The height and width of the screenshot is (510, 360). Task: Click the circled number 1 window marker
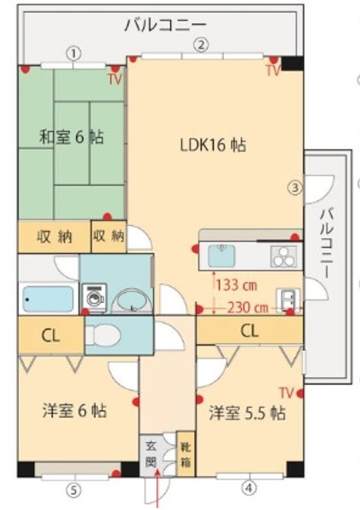pos(74,52)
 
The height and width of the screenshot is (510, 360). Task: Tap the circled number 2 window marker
pos(202,45)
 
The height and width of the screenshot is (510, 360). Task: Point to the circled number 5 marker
pos(73,489)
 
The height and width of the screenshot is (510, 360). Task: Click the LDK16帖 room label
pos(212,145)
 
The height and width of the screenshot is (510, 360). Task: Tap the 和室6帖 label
pos(71,137)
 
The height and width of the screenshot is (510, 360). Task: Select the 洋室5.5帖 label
pos(247,413)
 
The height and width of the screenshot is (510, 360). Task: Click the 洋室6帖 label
pos(74,410)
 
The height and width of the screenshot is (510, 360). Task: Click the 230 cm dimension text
pos(248,307)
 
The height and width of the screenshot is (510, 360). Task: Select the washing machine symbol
pos(93,297)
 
